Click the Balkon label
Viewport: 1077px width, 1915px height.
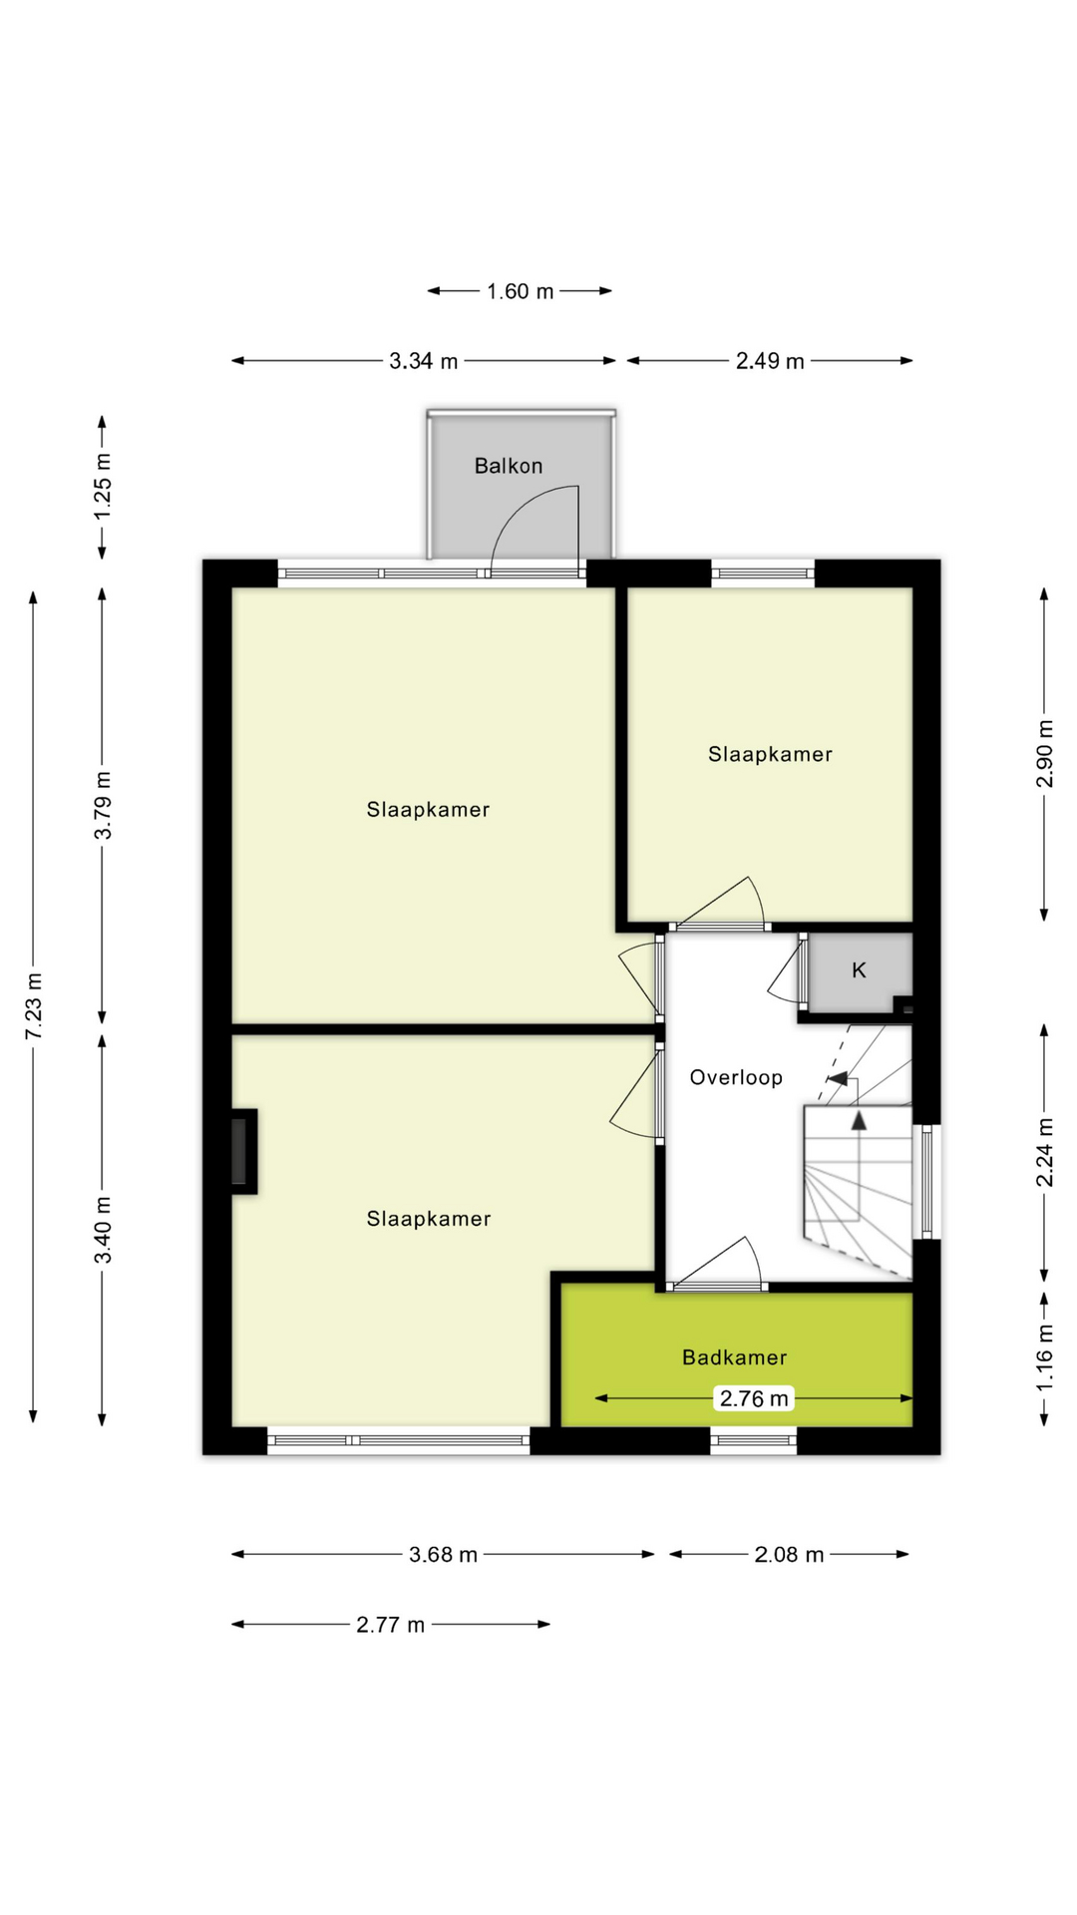point(509,466)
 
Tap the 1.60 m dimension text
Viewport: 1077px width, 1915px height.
point(520,291)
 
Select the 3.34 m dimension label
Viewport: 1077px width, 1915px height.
point(424,361)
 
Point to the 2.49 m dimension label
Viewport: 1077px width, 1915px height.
point(770,361)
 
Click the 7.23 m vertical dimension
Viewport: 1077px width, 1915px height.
point(33,1005)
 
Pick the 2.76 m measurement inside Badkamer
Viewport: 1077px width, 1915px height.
point(754,1398)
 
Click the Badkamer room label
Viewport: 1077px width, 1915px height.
point(735,1357)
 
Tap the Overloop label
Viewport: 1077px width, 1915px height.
point(736,1077)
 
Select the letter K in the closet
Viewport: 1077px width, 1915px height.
point(859,969)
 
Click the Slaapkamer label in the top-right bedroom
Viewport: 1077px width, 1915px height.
point(770,754)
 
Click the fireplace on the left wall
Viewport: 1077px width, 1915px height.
point(240,1151)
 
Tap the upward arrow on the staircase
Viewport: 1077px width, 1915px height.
point(859,1121)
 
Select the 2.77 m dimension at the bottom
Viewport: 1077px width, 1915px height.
point(391,1625)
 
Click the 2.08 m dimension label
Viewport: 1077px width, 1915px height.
point(789,1554)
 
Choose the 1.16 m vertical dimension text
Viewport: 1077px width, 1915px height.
point(1044,1357)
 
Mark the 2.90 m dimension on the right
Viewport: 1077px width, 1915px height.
point(1044,753)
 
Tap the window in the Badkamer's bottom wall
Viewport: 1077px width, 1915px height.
point(754,1439)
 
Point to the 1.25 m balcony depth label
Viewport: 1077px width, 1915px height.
point(102,486)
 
